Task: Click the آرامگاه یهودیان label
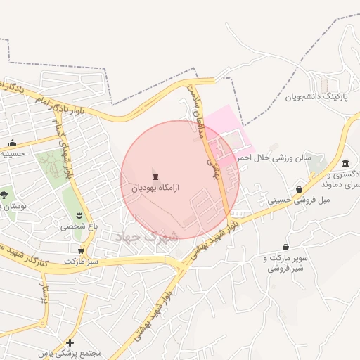(x=155, y=188)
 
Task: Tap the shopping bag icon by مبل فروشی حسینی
(x=300, y=189)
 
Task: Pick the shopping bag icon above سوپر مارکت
(x=285, y=247)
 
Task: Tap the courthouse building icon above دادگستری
(x=345, y=163)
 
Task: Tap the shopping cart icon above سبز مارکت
(x=82, y=250)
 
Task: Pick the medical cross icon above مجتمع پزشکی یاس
(x=70, y=342)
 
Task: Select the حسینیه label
(x=13, y=153)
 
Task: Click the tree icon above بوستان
(x=6, y=194)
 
